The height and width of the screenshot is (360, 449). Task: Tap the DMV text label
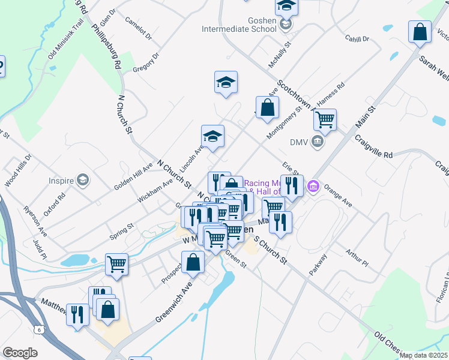tap(298, 142)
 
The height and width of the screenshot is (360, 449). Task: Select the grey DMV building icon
tap(318, 142)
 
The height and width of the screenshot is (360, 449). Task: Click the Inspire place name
tap(62, 180)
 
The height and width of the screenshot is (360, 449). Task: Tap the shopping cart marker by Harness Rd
tap(325, 119)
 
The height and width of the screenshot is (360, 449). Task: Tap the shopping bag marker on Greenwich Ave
tap(193, 262)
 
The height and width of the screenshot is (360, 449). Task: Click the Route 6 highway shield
tap(39, 329)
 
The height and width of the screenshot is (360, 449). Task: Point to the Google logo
tap(20, 353)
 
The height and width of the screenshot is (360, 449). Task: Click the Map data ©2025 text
tap(423, 355)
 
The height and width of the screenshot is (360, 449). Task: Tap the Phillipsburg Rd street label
tap(107, 46)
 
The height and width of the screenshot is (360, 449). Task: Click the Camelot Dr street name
tap(139, 28)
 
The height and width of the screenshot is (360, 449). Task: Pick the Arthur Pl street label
tap(357, 257)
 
